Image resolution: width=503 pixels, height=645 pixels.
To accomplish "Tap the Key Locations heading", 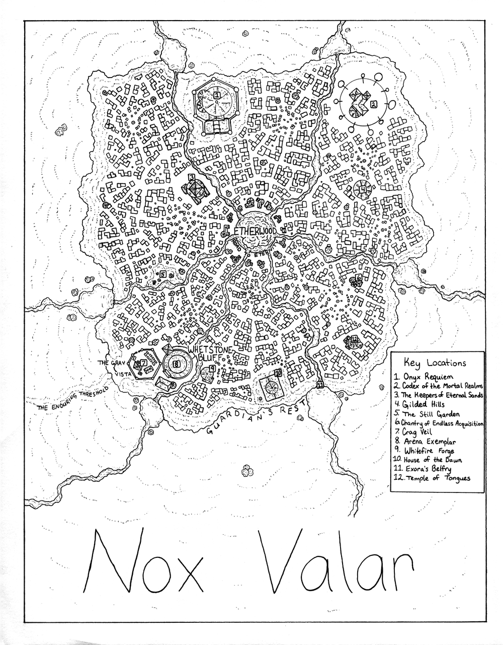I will tap(436, 363).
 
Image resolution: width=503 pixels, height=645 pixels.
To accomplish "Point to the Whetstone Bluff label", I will tap(209, 352).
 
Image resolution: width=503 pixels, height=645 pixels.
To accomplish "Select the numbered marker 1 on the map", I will tap(216, 94).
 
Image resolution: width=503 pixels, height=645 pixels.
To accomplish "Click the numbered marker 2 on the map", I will tap(373, 104).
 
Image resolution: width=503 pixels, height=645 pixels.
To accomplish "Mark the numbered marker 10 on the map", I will tap(278, 373).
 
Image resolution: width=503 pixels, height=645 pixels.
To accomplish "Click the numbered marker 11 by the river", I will tap(320, 385).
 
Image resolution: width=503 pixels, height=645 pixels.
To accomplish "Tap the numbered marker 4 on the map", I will tap(363, 189).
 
